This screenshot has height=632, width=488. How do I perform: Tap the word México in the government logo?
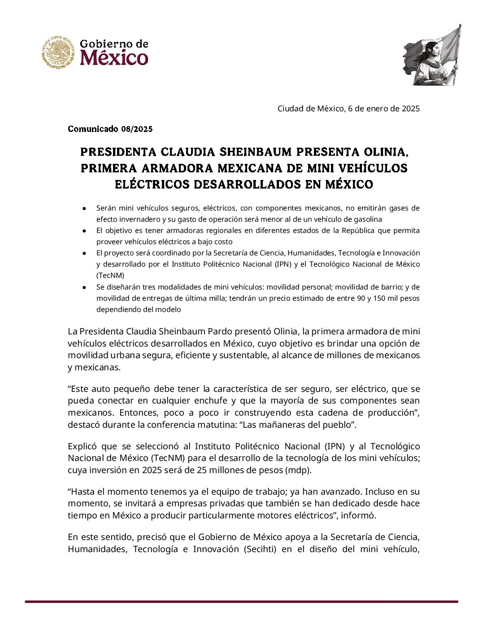click(x=114, y=58)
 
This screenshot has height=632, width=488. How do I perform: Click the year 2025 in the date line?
click(x=410, y=108)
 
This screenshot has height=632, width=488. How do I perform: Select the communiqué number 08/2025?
click(x=136, y=129)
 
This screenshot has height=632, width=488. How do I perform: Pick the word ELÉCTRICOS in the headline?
click(x=152, y=184)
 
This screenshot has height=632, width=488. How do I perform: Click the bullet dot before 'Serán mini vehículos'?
click(x=84, y=208)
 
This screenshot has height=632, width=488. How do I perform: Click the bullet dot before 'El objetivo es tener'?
click(x=84, y=231)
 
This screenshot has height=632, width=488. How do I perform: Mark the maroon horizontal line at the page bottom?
click(x=241, y=601)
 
